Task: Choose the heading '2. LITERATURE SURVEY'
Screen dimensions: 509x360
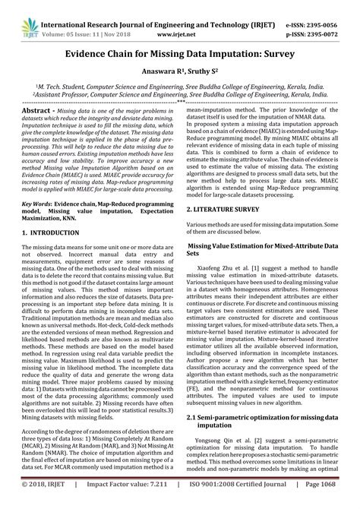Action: pyautogui.click(x=230, y=185)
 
